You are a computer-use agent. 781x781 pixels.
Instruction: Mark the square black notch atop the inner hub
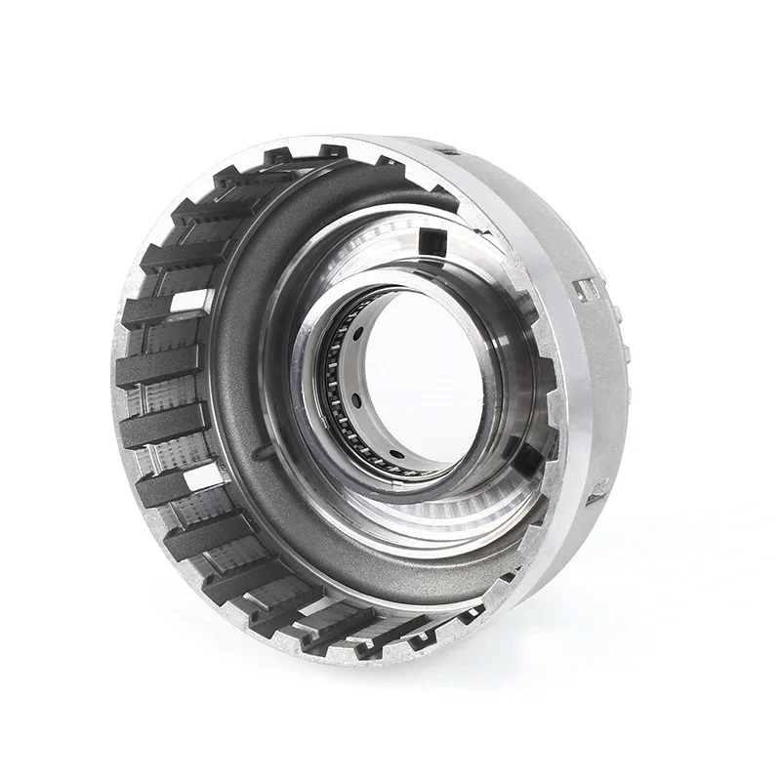click(x=429, y=239)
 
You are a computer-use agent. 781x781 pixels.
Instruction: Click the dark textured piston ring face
click(x=234, y=390)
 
